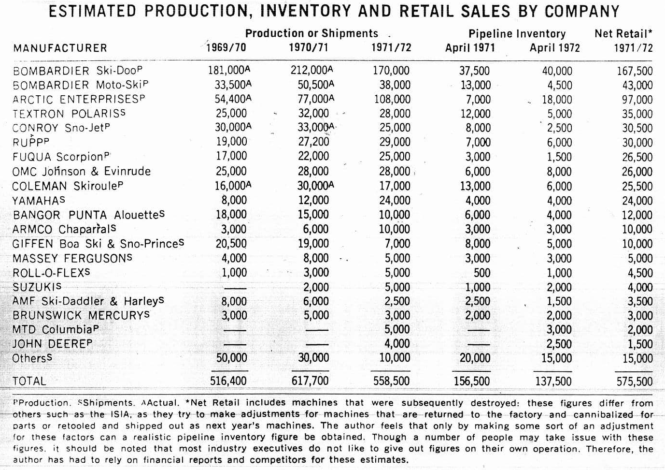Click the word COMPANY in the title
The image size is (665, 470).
tap(582, 11)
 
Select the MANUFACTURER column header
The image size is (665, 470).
tap(60, 48)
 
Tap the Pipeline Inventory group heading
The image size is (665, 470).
tap(517, 33)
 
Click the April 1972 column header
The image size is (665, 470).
tap(555, 48)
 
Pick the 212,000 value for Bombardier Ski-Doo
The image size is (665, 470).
tap(311, 71)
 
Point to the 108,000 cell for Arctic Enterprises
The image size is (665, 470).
tap(392, 99)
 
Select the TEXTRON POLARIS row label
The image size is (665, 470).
tap(69, 114)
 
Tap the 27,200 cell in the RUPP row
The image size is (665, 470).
tap(314, 142)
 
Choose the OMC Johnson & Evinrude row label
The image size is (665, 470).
tap(81, 172)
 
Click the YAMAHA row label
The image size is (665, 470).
tap(39, 201)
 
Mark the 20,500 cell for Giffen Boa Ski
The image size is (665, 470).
tap(231, 244)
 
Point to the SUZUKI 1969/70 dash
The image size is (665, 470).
tap(235, 288)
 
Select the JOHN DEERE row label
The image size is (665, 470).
tap(52, 344)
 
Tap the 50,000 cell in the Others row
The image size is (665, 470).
tap(231, 358)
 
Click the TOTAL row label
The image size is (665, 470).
tap(29, 381)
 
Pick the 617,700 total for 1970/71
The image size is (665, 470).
tap(310, 381)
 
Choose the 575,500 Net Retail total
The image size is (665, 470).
tap(635, 382)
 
